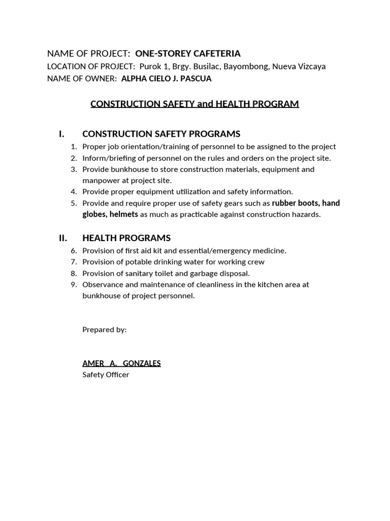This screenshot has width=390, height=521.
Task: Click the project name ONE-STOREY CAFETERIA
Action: pyautogui.click(x=188, y=53)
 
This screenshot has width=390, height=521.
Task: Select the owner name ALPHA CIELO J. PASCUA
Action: pyautogui.click(x=167, y=79)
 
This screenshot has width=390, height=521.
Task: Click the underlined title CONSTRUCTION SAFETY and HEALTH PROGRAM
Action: pyautogui.click(x=194, y=104)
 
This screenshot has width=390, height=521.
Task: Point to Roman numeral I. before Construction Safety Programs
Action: pyautogui.click(x=61, y=134)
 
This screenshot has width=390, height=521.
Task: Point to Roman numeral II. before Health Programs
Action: pyautogui.click(x=63, y=238)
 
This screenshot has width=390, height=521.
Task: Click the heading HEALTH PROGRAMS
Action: pyautogui.click(x=126, y=238)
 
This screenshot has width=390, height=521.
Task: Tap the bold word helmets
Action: pyautogui.click(x=123, y=214)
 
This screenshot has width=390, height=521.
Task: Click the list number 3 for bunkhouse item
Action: pyautogui.click(x=74, y=169)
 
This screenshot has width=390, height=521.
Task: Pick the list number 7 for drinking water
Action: pyautogui.click(x=74, y=262)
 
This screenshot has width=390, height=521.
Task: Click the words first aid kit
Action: pyautogui.click(x=140, y=251)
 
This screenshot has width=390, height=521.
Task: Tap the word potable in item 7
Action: pyautogui.click(x=134, y=262)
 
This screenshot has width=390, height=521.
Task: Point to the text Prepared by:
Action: pyautogui.click(x=105, y=330)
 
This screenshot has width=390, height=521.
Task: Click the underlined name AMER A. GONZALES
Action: pyautogui.click(x=121, y=363)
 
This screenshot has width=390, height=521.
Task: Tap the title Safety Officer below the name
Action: pyautogui.click(x=106, y=375)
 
